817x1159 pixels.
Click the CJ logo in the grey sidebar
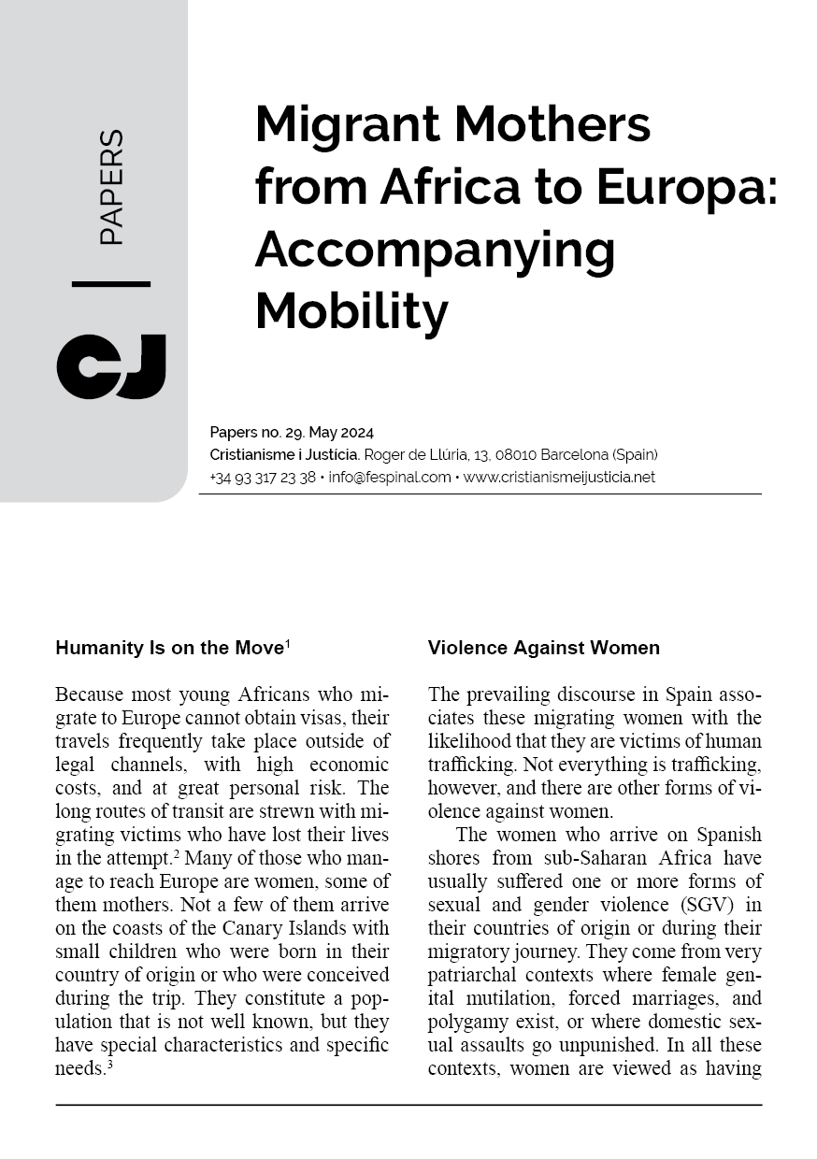point(110,366)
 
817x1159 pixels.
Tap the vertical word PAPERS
point(111,187)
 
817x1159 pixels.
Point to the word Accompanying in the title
point(435,249)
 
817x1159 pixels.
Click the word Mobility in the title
point(351,311)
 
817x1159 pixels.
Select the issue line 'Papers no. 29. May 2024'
point(292,432)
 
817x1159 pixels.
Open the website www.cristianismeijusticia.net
point(559,477)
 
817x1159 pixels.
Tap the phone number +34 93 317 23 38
point(263,477)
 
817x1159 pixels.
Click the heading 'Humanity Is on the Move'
point(169,648)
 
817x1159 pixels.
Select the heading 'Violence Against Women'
point(543,648)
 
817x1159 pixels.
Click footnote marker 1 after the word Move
point(288,644)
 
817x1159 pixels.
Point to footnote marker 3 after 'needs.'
point(108,1063)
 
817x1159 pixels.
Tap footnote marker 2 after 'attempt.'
point(177,852)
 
